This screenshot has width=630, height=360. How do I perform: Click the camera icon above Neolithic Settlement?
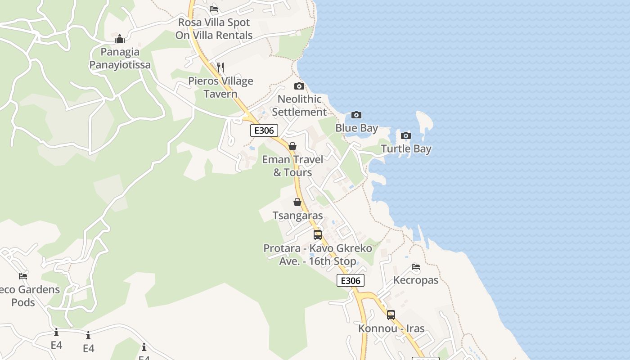(299, 86)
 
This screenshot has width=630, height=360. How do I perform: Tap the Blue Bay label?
(356, 128)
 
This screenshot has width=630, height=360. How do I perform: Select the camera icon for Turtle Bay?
(406, 135)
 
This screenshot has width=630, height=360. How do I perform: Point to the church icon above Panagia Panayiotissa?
(120, 39)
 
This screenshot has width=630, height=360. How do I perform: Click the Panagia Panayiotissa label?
(120, 58)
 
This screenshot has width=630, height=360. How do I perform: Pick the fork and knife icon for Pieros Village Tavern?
(220, 67)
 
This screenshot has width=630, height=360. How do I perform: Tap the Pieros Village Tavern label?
(220, 87)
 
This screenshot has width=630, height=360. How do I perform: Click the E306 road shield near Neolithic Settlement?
(264, 130)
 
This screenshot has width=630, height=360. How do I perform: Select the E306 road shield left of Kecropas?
(350, 280)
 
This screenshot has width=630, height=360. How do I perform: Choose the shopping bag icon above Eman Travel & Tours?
(292, 146)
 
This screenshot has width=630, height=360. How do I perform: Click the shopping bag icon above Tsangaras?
(297, 202)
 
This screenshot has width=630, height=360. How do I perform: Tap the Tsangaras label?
(297, 216)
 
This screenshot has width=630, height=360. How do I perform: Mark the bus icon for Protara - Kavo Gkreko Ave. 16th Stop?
(318, 234)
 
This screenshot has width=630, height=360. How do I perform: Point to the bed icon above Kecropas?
(416, 267)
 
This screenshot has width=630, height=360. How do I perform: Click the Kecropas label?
(416, 280)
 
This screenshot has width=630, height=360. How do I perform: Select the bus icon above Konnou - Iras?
(391, 315)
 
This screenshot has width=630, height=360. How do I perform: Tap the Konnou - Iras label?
(391, 328)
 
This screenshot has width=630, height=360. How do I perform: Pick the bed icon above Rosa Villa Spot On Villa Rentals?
(214, 9)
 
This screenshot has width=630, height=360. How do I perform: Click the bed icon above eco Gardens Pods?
(23, 276)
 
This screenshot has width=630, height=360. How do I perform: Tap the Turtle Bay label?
(406, 149)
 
